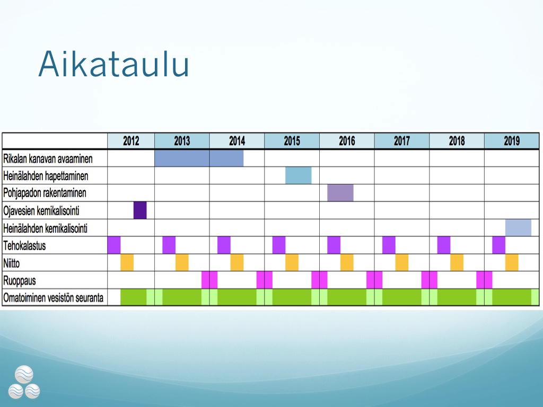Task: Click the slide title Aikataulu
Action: tap(113, 64)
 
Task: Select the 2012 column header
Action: tap(131, 141)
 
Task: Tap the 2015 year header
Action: tap(292, 141)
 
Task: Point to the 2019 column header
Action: tap(512, 141)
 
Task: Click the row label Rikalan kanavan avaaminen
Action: tap(48, 159)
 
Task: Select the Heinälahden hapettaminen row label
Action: tap(46, 176)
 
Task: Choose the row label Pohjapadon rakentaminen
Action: tap(45, 193)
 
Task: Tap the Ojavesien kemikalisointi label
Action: tap(41, 211)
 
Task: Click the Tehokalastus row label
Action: tap(24, 246)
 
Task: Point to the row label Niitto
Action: tap(12, 263)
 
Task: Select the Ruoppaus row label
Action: tap(20, 281)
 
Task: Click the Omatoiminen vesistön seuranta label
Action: tap(54, 298)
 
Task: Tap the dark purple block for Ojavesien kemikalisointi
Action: tap(140, 210)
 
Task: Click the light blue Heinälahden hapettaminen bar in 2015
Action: tap(298, 175)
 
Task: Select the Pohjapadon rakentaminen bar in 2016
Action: tap(340, 193)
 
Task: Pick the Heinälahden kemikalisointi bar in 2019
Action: tap(518, 228)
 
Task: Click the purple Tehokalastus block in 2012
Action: tap(114, 245)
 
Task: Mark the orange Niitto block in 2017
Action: tap(402, 263)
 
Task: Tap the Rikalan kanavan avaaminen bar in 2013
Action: tap(182, 158)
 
